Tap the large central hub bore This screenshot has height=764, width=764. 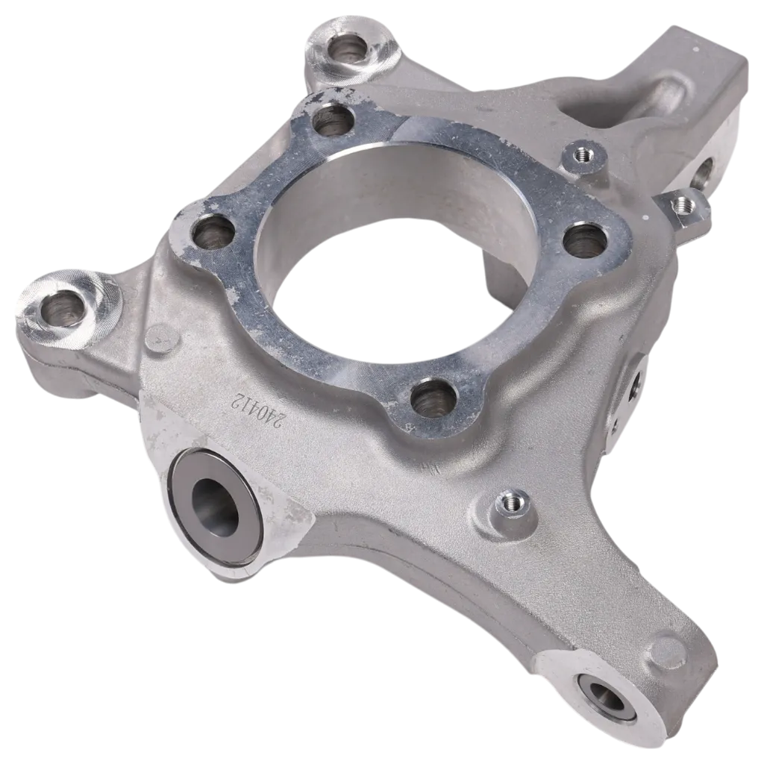click(389, 254)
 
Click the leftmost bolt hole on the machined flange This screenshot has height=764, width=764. click(212, 235)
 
